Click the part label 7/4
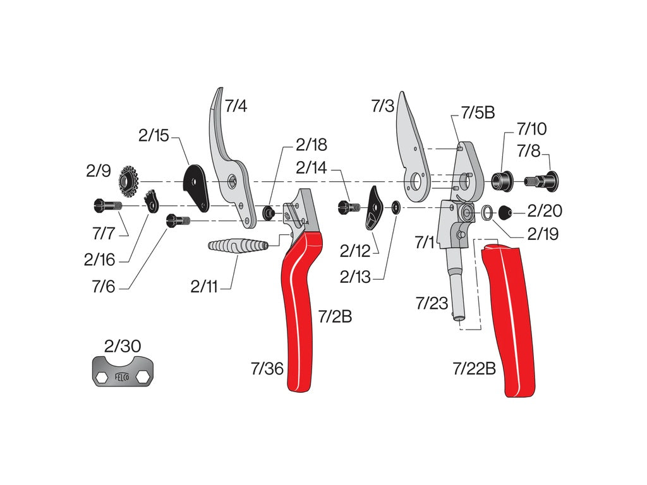(x=236, y=105)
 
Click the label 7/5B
(x=477, y=113)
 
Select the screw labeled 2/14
(x=348, y=206)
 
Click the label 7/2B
(x=334, y=316)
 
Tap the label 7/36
(x=267, y=369)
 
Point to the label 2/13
(x=356, y=277)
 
